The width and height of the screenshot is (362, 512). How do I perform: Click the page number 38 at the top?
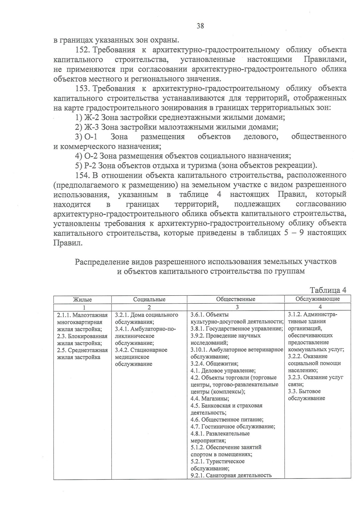[x=200, y=26]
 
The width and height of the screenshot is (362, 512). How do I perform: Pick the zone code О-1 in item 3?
[x=91, y=137]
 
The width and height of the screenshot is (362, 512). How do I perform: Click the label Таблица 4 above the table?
[x=328, y=290]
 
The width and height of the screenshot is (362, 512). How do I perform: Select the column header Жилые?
[x=82, y=300]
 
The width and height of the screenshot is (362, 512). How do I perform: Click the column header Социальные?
[x=149, y=300]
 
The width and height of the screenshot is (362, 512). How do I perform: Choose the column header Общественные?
[x=236, y=299]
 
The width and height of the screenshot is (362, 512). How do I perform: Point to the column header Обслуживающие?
[x=317, y=299]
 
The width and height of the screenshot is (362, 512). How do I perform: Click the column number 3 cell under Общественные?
[x=237, y=307]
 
